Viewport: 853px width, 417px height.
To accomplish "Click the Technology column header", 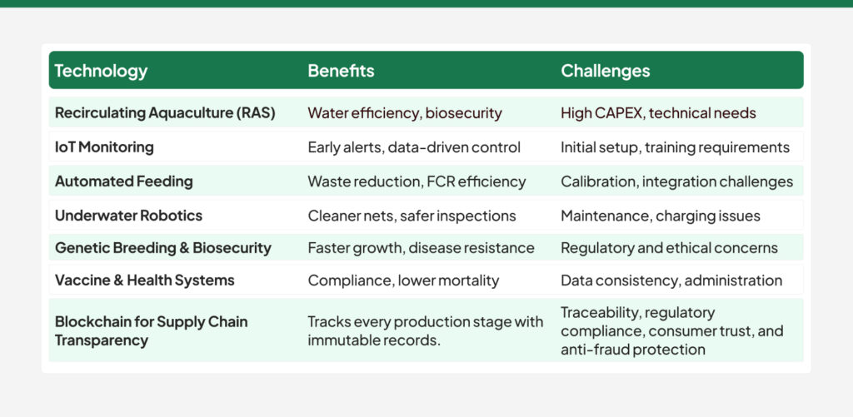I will point(101,71).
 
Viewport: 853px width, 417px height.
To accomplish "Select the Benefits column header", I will point(341,71).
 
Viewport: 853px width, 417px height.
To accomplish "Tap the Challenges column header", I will point(606,71).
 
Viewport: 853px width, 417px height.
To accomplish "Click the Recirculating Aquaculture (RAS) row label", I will point(165,112).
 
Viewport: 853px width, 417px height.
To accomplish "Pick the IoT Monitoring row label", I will point(104,147).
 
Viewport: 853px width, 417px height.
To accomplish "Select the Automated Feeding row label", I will point(123,181).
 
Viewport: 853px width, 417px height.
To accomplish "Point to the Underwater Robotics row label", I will point(128,216).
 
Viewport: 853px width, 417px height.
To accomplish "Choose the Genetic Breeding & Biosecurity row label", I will point(163,248).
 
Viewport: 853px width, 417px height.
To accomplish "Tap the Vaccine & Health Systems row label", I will point(144,280).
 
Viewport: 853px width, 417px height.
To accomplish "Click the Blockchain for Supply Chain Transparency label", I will point(151,330).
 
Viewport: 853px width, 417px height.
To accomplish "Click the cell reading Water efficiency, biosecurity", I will point(405,112).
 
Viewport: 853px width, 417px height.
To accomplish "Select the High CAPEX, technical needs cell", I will point(658,112).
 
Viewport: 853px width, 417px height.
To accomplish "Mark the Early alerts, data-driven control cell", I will point(414,147).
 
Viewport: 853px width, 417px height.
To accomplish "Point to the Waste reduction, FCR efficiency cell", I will point(417,181).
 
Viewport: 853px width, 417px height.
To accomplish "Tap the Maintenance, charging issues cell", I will point(661,216).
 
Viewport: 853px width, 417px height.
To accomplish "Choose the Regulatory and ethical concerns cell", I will point(669,248).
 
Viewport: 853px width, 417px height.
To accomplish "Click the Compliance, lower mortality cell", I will point(403,280).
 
